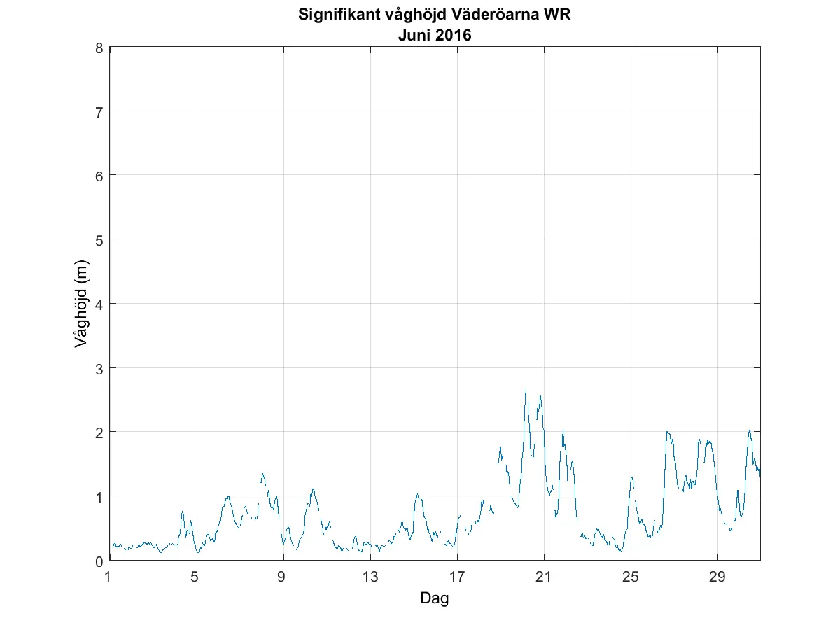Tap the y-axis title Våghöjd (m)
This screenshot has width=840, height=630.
[x=82, y=304]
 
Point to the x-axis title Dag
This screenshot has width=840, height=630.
[x=434, y=598]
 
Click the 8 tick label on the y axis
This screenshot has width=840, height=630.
[x=100, y=48]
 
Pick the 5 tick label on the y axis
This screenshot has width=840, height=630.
[x=100, y=239]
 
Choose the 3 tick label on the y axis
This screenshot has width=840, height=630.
[x=100, y=367]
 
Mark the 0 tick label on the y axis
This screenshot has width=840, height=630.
[x=100, y=561]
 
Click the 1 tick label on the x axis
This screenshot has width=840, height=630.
[x=108, y=577]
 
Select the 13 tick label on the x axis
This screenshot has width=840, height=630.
[x=370, y=577]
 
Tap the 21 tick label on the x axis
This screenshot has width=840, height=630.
[x=544, y=577]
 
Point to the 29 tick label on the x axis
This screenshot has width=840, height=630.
[x=717, y=577]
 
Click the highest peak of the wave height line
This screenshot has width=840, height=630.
[x=526, y=390]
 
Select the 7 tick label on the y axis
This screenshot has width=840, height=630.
[x=100, y=111]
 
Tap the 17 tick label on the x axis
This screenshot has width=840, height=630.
[x=457, y=577]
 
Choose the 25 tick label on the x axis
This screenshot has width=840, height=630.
[x=631, y=577]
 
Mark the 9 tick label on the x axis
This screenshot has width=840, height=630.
[x=283, y=577]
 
